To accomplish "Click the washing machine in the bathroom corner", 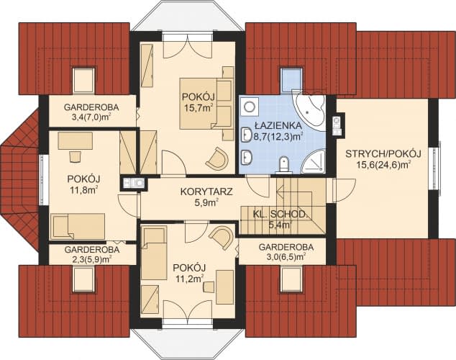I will pos(249,107).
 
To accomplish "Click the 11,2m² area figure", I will pos(189,276).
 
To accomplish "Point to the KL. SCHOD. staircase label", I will pos(280,214).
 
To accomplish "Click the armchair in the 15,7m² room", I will pos(216,158).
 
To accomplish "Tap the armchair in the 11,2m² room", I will pos(222,238).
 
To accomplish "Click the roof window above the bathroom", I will pos(291,77).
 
